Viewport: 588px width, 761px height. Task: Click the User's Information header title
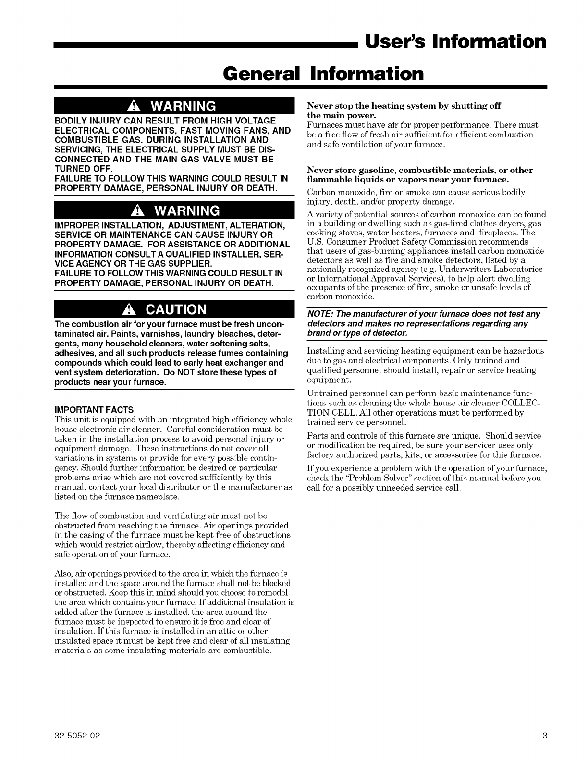coord(455,41)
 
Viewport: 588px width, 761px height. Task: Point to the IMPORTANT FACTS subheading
coord(95,410)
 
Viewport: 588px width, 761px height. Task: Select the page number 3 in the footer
coord(544,736)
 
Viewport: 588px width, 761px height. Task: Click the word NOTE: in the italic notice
coord(318,314)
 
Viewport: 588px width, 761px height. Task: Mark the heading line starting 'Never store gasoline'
coord(420,170)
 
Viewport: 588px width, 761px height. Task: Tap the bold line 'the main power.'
coord(341,115)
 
